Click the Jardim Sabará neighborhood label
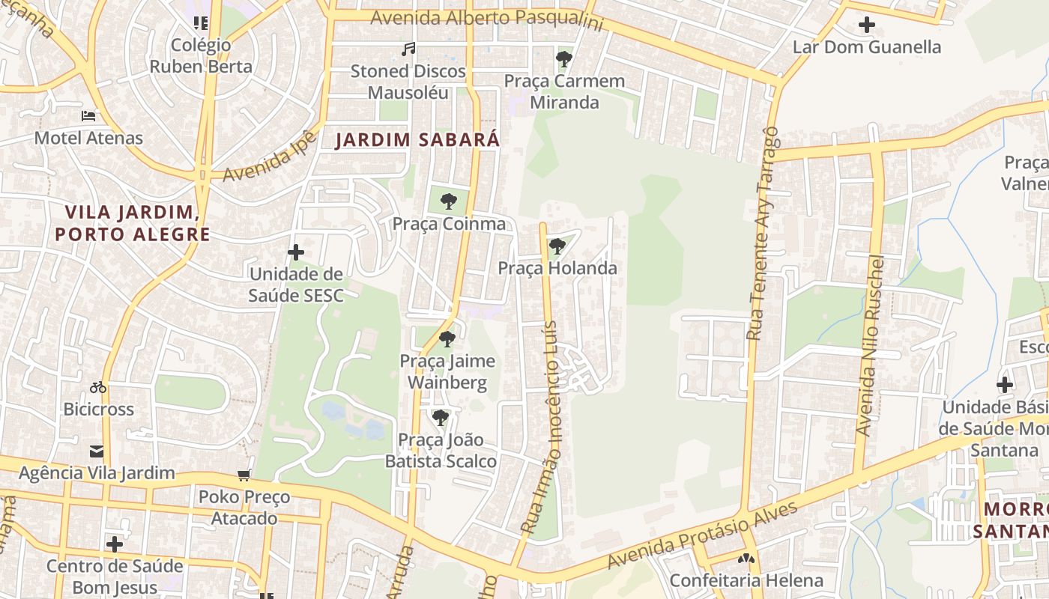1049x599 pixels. click(x=417, y=140)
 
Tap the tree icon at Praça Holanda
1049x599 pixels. click(x=557, y=246)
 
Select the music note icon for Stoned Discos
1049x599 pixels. click(x=408, y=49)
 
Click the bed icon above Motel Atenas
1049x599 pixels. click(x=88, y=116)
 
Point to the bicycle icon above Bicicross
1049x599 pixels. click(x=98, y=387)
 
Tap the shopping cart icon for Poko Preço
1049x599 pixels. click(x=244, y=475)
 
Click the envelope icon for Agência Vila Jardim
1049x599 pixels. click(x=97, y=451)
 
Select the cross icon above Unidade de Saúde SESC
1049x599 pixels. click(x=296, y=252)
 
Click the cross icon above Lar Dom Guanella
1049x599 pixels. click(x=867, y=25)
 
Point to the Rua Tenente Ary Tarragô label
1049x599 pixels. click(x=763, y=233)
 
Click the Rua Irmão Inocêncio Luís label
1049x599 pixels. click(x=542, y=427)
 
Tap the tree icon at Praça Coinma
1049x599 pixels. click(x=449, y=201)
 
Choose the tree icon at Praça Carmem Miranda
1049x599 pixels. click(x=564, y=58)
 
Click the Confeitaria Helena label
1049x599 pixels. click(x=746, y=580)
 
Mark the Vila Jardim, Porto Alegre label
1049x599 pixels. click(x=133, y=223)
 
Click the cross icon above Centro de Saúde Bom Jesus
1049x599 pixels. click(x=115, y=544)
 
